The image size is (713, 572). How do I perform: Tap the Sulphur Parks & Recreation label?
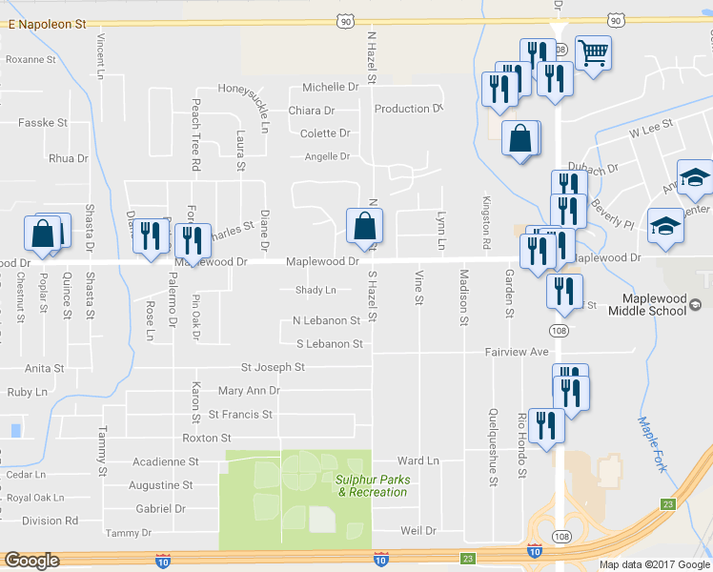tap(372, 485)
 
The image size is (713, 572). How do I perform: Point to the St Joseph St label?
tap(273, 367)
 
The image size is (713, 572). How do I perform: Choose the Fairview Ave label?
tap(517, 352)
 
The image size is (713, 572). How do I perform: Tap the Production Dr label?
tap(409, 109)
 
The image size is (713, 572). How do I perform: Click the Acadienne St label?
tap(165, 461)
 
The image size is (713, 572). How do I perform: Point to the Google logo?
tap(31, 561)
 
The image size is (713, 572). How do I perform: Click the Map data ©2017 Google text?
tap(653, 564)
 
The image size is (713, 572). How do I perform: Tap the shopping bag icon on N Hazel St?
tap(364, 226)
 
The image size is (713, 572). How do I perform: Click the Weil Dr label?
tap(418, 530)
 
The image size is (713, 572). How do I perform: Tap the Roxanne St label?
tap(31, 59)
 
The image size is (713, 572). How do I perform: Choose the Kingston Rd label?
tap(486, 217)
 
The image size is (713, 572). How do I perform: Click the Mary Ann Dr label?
tap(249, 391)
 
